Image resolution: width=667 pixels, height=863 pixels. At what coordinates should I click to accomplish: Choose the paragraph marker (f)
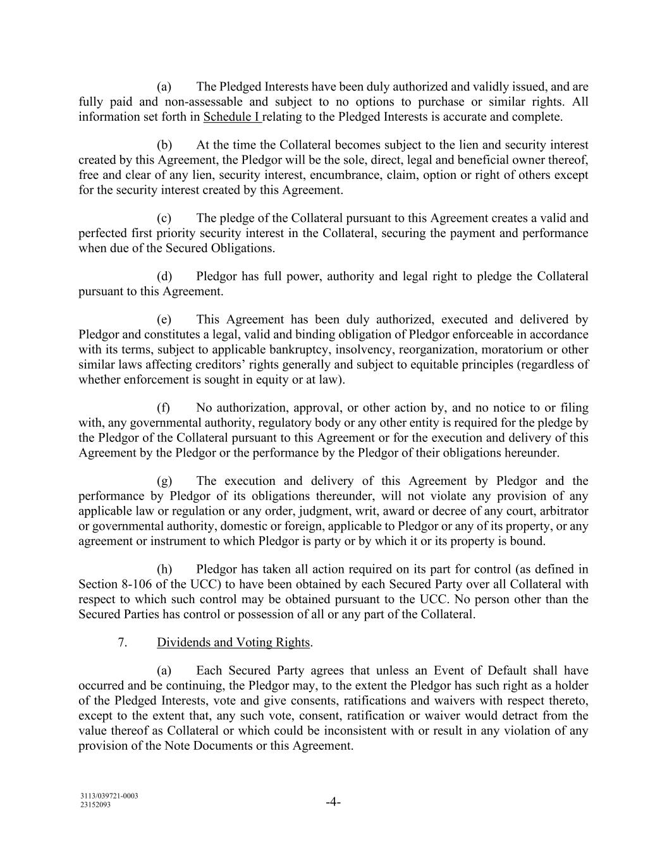[164, 408]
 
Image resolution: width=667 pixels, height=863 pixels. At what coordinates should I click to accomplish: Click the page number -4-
[333, 803]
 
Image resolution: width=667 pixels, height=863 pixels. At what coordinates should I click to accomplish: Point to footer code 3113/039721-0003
[109, 796]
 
